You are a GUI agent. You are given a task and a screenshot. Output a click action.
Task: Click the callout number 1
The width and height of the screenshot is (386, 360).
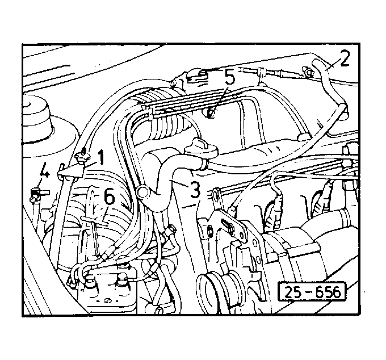coord(101,158)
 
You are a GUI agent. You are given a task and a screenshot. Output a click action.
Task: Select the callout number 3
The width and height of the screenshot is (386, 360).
coord(195,189)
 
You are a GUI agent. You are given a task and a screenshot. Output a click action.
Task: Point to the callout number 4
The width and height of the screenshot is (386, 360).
coord(44,170)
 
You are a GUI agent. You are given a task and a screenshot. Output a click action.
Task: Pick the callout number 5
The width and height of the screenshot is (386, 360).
coord(229,77)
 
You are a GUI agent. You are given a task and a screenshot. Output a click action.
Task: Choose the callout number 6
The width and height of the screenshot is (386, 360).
coord(109,198)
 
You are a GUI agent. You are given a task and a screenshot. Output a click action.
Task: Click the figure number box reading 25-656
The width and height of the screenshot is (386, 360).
coord(312,292)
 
